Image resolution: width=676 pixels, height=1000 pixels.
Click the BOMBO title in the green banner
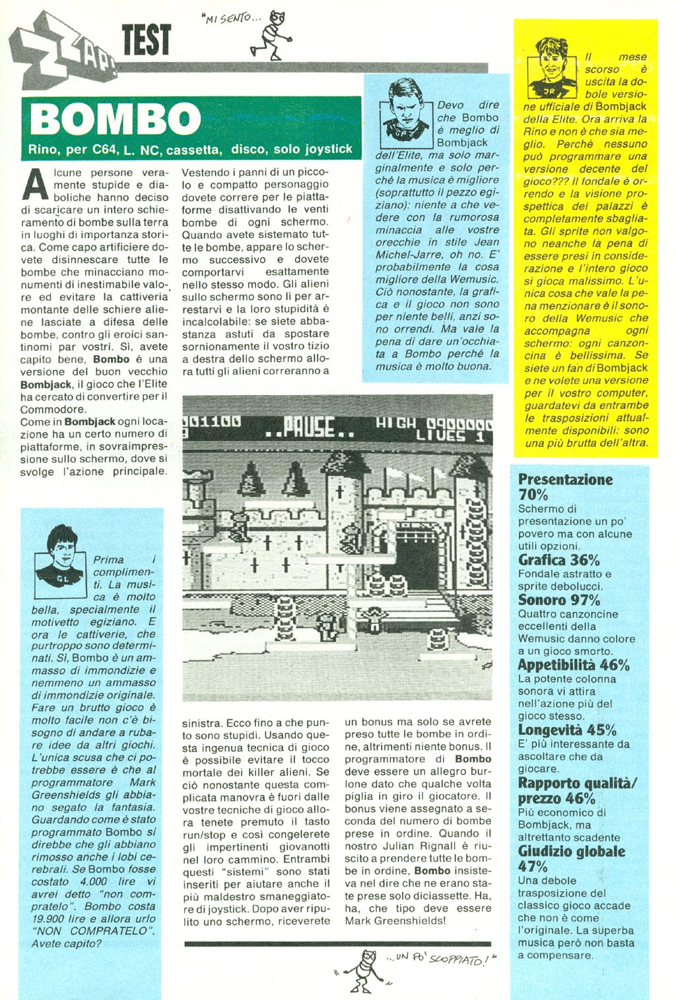[x=116, y=120]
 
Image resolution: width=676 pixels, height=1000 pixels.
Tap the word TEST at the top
[x=146, y=40]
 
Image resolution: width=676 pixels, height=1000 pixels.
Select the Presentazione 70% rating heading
[x=565, y=487]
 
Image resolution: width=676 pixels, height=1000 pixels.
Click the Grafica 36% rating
[x=558, y=560]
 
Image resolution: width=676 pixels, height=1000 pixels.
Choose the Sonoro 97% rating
[x=558, y=600]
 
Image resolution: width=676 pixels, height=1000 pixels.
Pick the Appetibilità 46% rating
[x=573, y=665]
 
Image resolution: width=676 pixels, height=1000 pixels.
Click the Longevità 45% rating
[x=566, y=730]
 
